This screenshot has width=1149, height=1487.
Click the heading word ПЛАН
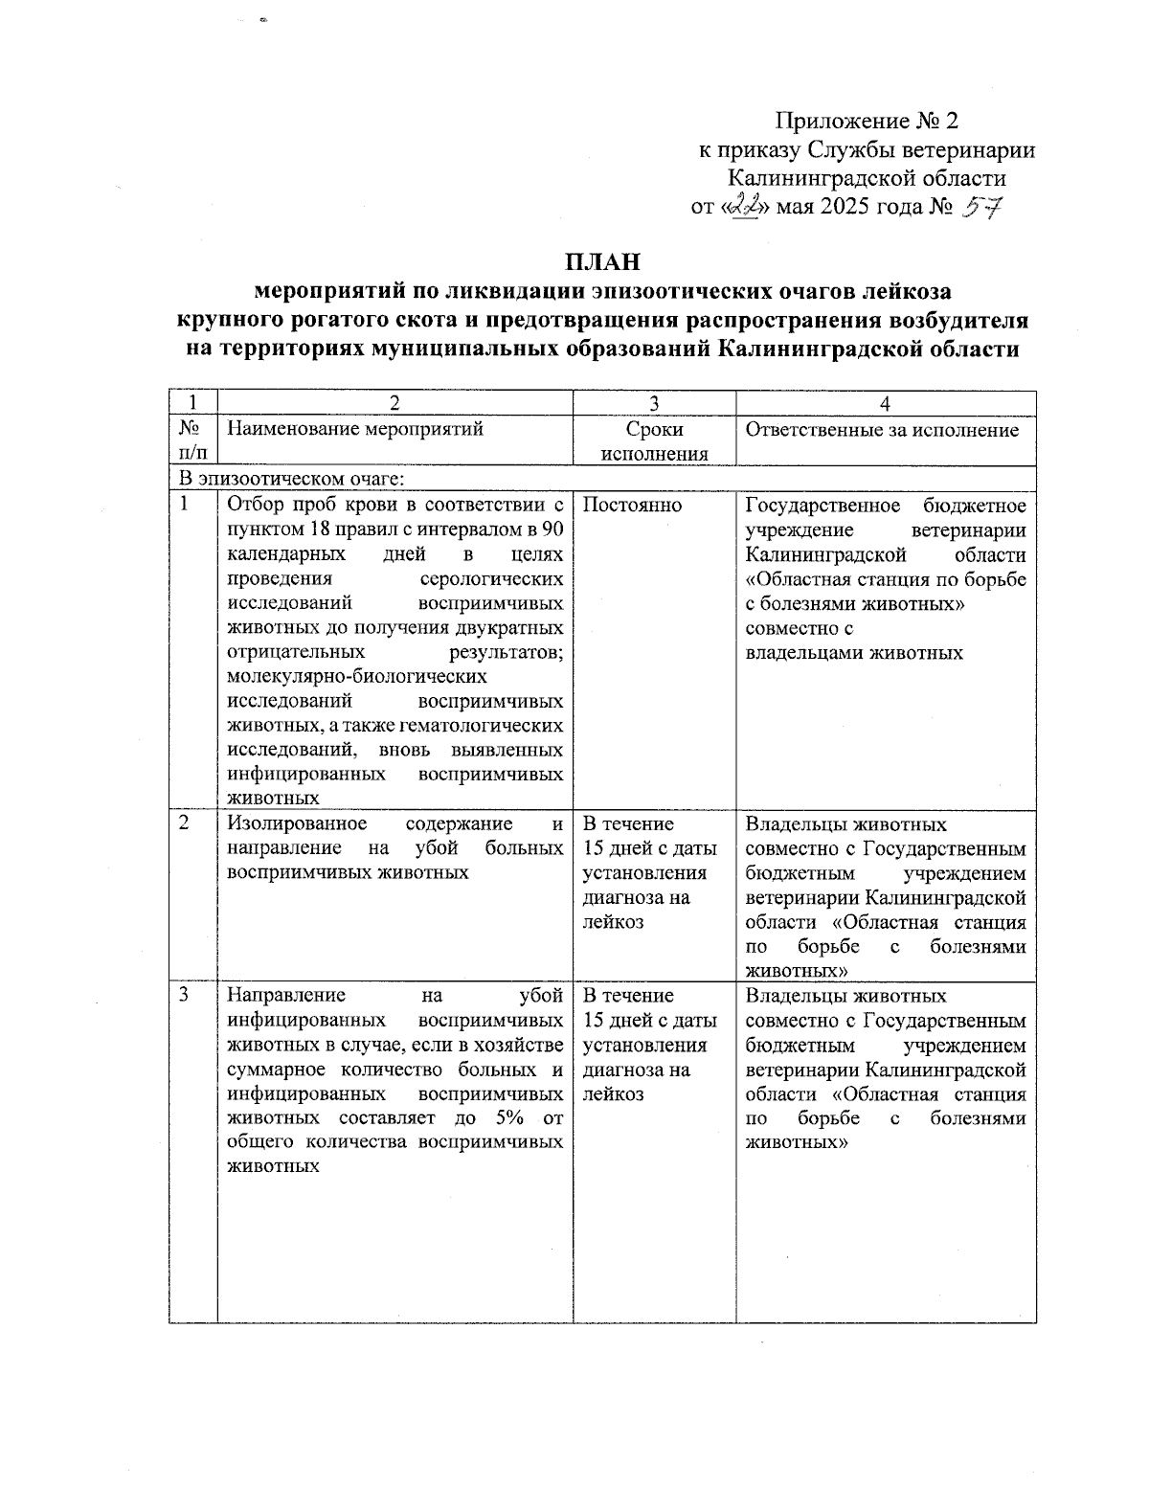(x=601, y=261)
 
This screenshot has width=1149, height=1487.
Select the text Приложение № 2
(x=866, y=122)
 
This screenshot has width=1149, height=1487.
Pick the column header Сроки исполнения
(x=654, y=441)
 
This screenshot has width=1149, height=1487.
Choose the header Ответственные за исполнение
(x=882, y=430)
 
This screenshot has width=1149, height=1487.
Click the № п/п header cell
(x=191, y=441)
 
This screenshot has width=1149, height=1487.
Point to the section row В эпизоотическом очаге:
(x=291, y=478)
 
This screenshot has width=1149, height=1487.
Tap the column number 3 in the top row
(x=654, y=404)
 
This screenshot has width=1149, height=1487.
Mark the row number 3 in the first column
(x=184, y=996)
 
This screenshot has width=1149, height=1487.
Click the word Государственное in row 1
(x=822, y=506)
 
